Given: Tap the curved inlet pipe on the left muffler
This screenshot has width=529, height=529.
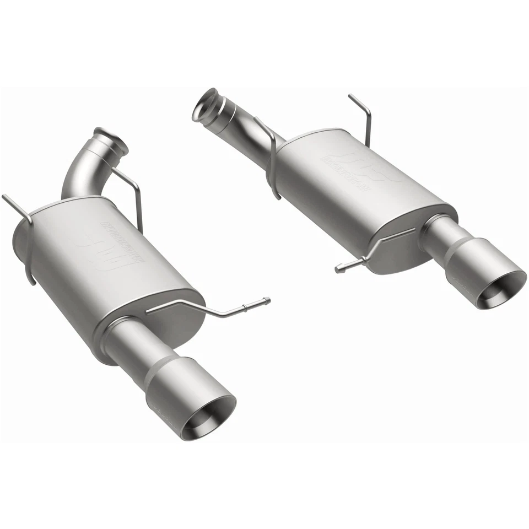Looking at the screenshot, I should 83,171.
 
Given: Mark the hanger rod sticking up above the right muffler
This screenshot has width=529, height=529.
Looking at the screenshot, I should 364,116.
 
